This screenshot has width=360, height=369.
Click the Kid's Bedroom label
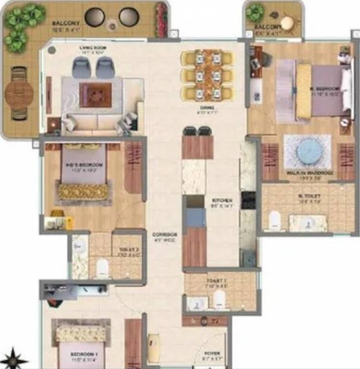(77, 165)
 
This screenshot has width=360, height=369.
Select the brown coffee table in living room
(96, 95)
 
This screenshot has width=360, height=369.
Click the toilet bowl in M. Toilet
(275, 221)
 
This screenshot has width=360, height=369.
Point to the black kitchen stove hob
(248, 199)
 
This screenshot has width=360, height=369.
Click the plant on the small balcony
(255, 12)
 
